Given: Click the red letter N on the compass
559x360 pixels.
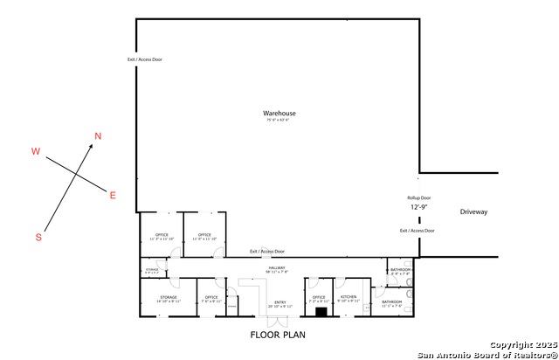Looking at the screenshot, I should tap(98, 135).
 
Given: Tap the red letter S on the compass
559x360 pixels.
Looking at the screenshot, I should tap(38, 237).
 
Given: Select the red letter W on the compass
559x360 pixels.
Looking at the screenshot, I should tap(36, 151).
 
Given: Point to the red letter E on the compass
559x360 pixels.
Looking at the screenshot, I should tap(112, 195).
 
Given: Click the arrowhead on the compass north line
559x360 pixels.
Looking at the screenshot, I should tap(92, 149).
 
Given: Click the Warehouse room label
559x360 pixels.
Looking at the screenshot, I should tap(279, 114).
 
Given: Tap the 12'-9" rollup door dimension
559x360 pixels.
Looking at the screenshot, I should tap(419, 209).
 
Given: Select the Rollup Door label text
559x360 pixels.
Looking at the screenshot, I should tap(419, 198).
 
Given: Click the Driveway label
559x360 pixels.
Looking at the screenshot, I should tap(473, 212).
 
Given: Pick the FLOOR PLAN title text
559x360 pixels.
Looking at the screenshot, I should tap(278, 334).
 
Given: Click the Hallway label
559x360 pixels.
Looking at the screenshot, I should tap(278, 267).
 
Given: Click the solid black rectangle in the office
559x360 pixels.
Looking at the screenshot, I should tap(321, 311).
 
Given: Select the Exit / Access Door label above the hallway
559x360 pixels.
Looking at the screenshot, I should tap(267, 252).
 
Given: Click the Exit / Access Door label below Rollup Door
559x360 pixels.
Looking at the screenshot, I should tap(417, 231).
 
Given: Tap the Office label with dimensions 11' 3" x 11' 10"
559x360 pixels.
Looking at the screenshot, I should tap(162, 235).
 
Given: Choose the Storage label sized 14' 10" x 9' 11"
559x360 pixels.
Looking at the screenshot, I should tap(169, 298).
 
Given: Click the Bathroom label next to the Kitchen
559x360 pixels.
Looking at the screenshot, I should tap(390, 302).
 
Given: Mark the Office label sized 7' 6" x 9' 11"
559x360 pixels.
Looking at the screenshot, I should tap(210, 298).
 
